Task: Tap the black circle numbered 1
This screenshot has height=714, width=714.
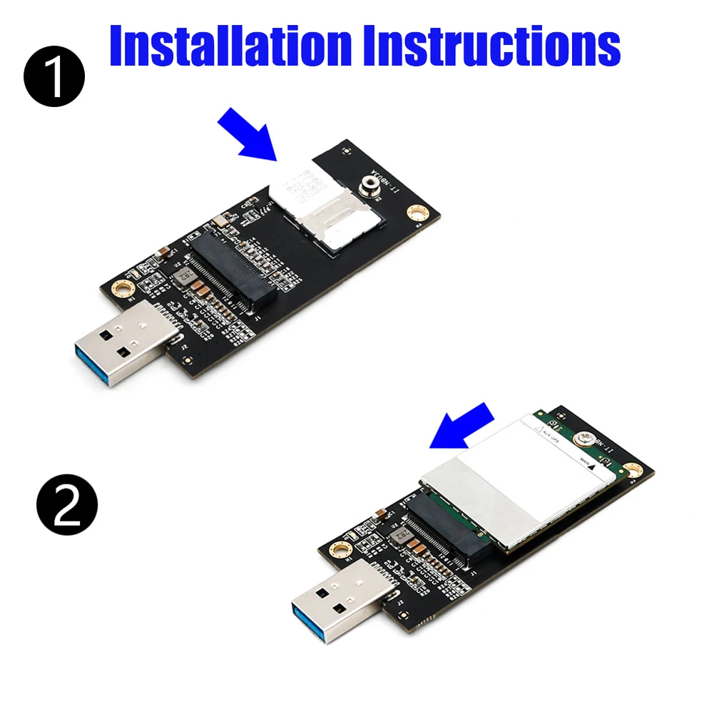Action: click(x=54, y=76)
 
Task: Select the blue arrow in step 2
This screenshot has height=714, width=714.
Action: click(x=464, y=427)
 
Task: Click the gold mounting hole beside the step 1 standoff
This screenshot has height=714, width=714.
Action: click(x=414, y=213)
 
